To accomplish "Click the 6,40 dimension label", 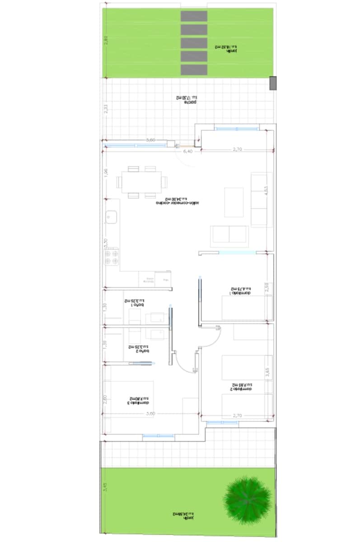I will click(x=187, y=152).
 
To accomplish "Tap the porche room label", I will click(x=187, y=100).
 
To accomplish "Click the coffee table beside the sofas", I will click(x=234, y=202).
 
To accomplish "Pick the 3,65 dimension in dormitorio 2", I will click(x=267, y=373).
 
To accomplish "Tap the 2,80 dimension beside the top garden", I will click(x=106, y=41).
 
